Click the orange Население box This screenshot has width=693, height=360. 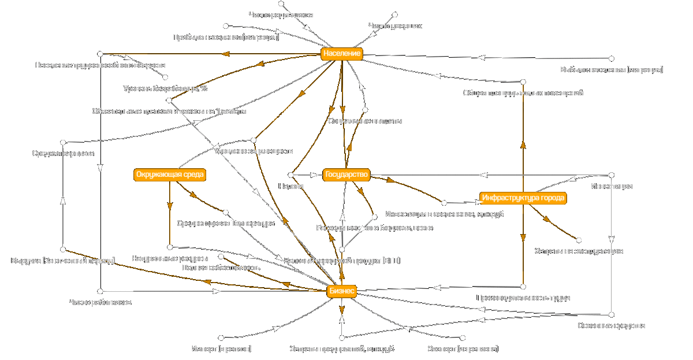click(341, 54)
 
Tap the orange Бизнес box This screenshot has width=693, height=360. click(341, 292)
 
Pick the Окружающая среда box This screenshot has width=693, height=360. click(170, 175)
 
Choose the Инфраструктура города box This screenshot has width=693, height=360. click(522, 198)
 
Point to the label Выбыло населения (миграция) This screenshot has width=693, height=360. click(612, 69)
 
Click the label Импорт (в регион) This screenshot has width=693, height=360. click(221, 349)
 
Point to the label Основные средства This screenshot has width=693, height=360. click(612, 325)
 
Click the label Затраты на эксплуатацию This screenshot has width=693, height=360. click(578, 251)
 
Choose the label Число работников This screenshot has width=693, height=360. click(100, 302)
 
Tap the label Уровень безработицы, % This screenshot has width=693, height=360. click(165, 88)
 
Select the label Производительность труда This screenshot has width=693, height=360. click(523, 298)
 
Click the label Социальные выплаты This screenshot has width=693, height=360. click(364, 121)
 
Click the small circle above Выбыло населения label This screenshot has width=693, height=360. click(612, 58)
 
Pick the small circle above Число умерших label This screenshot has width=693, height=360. click(395, 14)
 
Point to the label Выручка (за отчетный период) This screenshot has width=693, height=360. click(64, 261)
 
